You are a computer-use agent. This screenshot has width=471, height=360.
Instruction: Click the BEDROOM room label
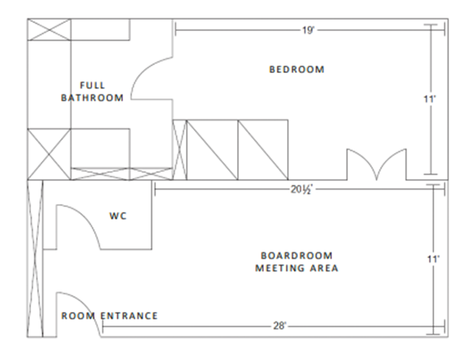[297, 69]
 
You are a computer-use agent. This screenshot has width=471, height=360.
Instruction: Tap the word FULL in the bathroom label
[92, 85]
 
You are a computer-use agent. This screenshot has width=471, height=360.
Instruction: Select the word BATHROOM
[92, 98]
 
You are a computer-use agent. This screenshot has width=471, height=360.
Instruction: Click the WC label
[118, 216]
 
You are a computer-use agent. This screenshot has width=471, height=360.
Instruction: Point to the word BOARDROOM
[297, 256]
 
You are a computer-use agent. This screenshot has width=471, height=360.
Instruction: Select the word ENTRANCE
[129, 316]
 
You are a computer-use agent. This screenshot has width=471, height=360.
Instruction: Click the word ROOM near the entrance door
[78, 316]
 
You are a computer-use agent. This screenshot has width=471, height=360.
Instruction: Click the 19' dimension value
[308, 31]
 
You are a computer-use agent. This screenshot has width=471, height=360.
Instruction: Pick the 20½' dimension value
[302, 190]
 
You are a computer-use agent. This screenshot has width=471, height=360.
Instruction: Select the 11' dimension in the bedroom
[430, 99]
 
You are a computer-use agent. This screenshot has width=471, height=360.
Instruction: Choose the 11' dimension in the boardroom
[434, 259]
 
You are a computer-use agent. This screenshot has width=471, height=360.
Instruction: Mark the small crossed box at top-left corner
[49, 29]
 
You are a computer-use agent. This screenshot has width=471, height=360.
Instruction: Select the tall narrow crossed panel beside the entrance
[35, 258]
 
